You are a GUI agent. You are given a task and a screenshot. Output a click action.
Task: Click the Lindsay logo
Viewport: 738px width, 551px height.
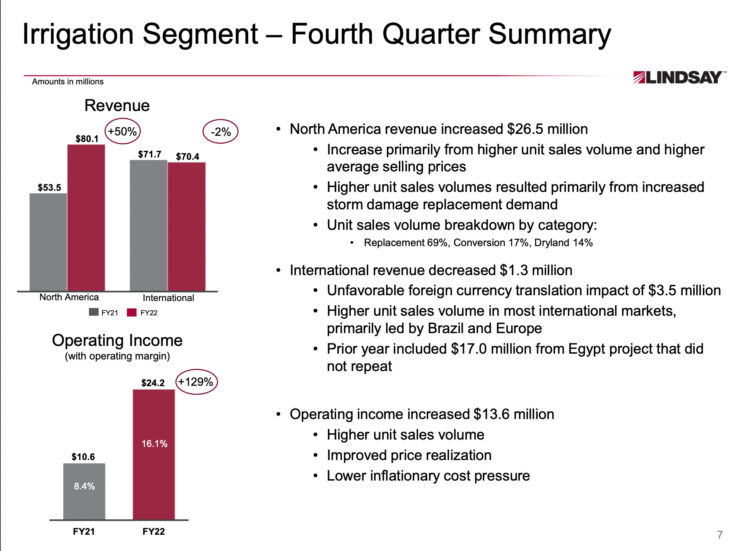[679, 77]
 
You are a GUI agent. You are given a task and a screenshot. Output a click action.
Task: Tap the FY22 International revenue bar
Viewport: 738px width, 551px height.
[186, 226]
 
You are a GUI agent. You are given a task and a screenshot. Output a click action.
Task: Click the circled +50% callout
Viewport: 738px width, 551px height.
[122, 132]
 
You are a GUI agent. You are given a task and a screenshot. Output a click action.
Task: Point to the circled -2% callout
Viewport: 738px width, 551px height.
[220, 132]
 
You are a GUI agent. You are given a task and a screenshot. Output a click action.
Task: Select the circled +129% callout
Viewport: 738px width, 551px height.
[196, 382]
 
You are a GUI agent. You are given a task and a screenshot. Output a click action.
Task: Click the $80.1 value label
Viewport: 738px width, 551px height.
[87, 139]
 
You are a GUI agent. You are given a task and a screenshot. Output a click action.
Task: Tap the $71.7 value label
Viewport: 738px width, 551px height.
[150, 154]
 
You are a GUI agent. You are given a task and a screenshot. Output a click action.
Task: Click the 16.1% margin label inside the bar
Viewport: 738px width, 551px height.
[154, 443]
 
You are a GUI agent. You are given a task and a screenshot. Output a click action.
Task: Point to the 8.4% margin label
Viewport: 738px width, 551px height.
[84, 486]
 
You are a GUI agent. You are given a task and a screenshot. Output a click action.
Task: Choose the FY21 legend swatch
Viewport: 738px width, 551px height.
[94, 312]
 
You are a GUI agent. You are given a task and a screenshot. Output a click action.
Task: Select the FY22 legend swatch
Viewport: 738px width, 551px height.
[132, 312]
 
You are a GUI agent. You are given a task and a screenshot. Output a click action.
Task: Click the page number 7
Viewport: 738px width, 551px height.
[719, 534]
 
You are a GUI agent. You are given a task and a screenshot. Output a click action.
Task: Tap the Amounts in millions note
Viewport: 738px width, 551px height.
[68, 82]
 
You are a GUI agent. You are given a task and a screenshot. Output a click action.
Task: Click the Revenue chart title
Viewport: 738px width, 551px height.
[117, 106]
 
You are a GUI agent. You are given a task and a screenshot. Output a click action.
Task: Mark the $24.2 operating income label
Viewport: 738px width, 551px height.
[153, 383]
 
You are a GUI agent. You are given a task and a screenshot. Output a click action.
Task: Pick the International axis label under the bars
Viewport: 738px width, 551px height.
[168, 298]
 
